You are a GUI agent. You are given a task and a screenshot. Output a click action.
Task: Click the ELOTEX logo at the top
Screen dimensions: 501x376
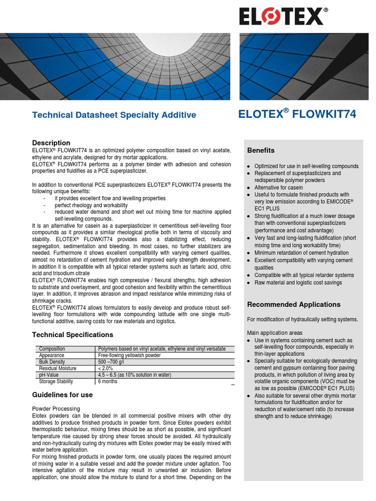click(x=281, y=16)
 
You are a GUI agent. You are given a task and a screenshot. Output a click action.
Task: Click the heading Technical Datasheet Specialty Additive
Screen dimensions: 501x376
click(x=114, y=115)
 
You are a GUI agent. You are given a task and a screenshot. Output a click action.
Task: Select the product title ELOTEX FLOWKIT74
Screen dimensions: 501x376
click(x=297, y=114)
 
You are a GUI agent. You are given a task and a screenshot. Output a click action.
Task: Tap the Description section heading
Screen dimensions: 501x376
click(x=51, y=143)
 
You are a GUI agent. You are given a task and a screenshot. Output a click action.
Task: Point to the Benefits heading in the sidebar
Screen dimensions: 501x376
click(x=260, y=150)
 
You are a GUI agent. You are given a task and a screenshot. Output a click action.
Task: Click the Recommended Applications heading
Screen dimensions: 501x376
click(x=293, y=304)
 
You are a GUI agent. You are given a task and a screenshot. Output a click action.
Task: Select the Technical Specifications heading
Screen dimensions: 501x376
click(x=72, y=335)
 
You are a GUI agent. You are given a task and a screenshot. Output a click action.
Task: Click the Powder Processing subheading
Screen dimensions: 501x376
click(x=56, y=409)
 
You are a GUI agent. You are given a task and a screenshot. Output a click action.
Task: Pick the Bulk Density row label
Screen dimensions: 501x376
click(x=52, y=362)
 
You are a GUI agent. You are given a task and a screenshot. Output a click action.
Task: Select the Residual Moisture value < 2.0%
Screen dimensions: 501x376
click(x=106, y=368)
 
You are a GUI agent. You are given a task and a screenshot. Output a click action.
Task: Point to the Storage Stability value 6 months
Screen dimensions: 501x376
click(x=108, y=381)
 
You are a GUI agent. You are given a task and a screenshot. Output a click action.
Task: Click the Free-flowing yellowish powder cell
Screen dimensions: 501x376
click(x=129, y=356)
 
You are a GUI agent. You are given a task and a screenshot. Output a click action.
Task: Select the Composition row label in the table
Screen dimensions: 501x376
click(x=52, y=349)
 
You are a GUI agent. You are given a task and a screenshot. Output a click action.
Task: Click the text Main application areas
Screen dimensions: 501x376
click(x=274, y=333)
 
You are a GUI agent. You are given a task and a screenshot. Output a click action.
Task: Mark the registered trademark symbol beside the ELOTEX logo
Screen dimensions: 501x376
click(x=326, y=9)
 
